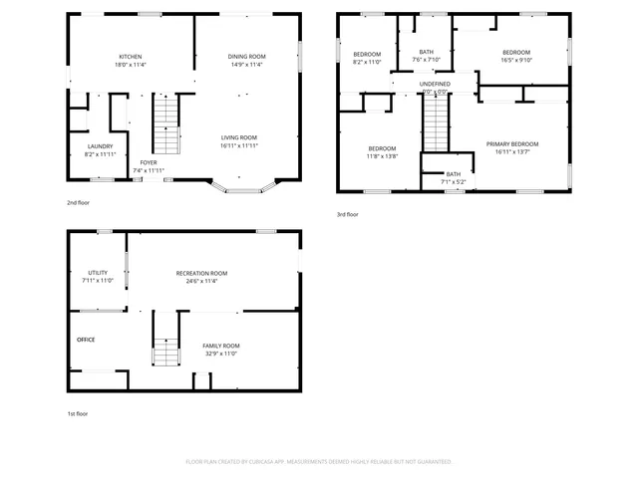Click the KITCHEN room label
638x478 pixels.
(x=131, y=57)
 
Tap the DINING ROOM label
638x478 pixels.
(x=247, y=57)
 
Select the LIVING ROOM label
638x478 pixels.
(x=238, y=137)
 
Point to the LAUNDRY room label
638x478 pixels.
(x=101, y=146)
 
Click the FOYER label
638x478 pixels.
(x=148, y=162)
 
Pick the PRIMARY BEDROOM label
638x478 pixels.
(x=512, y=144)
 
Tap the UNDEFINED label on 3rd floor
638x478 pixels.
(x=435, y=84)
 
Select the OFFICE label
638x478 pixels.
(x=86, y=340)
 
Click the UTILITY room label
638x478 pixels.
(x=98, y=272)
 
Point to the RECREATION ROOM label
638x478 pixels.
(x=201, y=273)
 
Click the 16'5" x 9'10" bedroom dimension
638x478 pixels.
(x=515, y=60)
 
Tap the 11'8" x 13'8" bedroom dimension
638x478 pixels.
(x=382, y=156)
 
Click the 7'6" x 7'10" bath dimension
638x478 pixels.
(x=426, y=60)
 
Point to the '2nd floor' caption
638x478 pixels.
(x=79, y=201)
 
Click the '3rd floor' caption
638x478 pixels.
(x=348, y=214)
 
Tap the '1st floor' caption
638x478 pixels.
(x=78, y=412)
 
